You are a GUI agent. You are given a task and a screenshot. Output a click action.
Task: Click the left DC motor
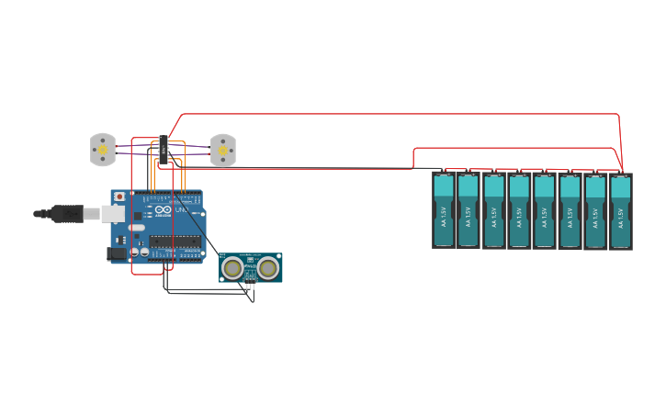tap(102, 150)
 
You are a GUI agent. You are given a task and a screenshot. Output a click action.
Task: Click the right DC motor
tap(223, 151)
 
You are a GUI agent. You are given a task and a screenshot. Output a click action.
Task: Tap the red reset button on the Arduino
tap(119, 197)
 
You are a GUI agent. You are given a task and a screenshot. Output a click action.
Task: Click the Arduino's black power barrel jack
tap(117, 253)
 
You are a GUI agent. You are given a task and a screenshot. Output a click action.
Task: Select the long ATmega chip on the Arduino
tap(175, 242)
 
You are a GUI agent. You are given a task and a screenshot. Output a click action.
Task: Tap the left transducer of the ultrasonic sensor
tap(233, 268)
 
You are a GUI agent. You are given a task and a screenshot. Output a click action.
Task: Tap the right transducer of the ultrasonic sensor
tap(267, 268)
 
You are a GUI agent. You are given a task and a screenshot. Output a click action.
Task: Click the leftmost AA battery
tap(444, 210)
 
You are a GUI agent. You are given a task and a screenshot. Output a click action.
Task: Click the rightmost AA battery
tap(621, 211)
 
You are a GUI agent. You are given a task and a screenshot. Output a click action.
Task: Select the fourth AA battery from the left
tap(519, 211)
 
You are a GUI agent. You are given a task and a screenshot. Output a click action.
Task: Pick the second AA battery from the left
tap(468, 210)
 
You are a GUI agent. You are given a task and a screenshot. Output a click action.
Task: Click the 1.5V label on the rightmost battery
tap(621, 218)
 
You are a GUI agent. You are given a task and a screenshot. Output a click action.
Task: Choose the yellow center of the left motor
tap(103, 150)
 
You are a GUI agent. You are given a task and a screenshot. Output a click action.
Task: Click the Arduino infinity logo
tap(163, 210)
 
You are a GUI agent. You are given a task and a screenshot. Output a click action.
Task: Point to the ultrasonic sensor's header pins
tap(250, 286)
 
